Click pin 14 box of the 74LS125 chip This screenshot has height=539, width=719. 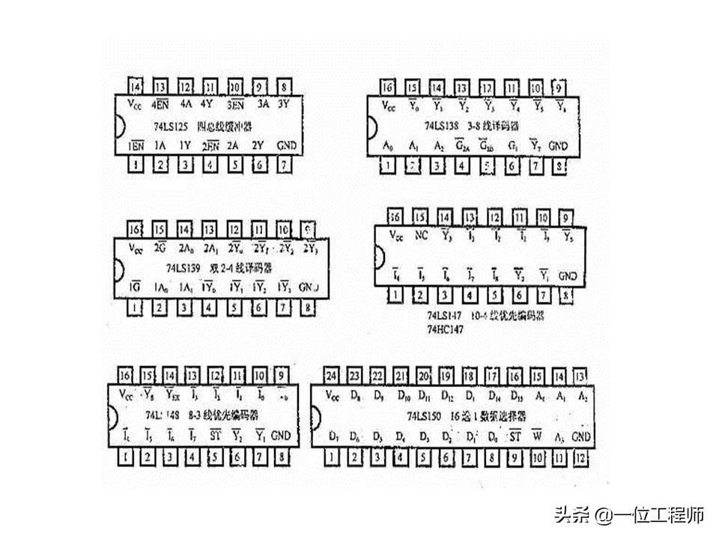pos(136,86)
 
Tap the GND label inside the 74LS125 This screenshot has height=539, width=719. pos(285,144)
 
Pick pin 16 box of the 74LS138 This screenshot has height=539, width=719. pos(387,86)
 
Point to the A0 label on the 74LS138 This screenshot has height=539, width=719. pos(387,144)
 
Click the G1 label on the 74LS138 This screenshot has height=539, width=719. pos(512,144)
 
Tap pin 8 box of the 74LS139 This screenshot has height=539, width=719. pos(308,306)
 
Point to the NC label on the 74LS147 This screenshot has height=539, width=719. pos(421,237)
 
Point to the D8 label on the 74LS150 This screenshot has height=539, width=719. pos(355,395)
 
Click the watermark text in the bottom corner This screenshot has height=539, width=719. pos(629,515)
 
